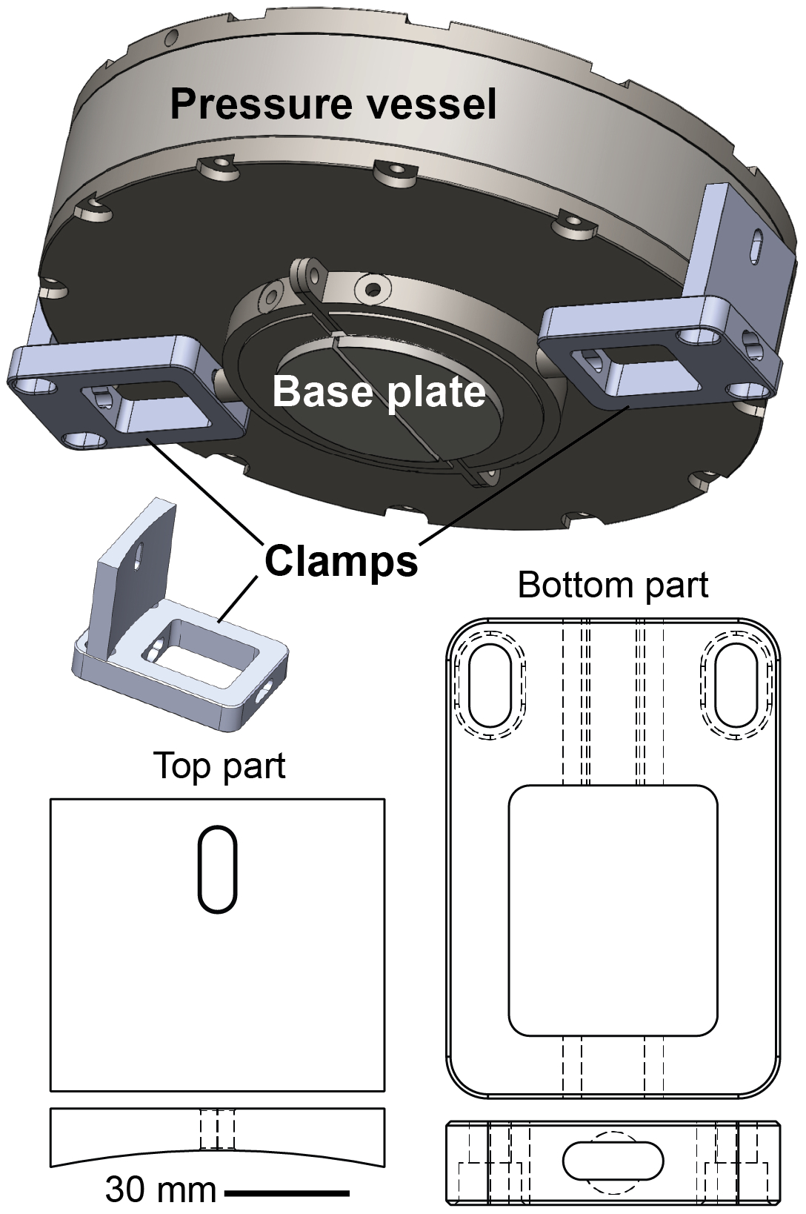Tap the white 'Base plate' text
click(x=379, y=391)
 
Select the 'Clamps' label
click(x=342, y=561)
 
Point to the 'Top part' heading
click(x=219, y=766)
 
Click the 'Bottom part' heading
click(x=613, y=586)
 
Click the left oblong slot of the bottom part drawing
click(x=490, y=685)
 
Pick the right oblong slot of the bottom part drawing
click(x=736, y=685)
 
